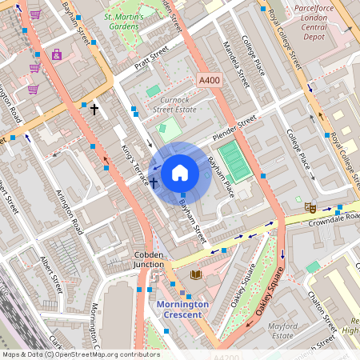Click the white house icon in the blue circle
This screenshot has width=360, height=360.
coord(180,172)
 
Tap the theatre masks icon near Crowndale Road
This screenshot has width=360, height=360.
coord(310,206)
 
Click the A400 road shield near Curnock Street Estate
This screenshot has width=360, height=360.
coord(209,80)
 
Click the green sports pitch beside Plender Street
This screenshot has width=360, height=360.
coord(233,161)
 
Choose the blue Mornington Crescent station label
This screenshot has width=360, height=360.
coord(182,310)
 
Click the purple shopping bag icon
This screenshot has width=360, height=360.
coord(56,55)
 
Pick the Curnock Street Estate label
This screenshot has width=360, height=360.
coord(174,104)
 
